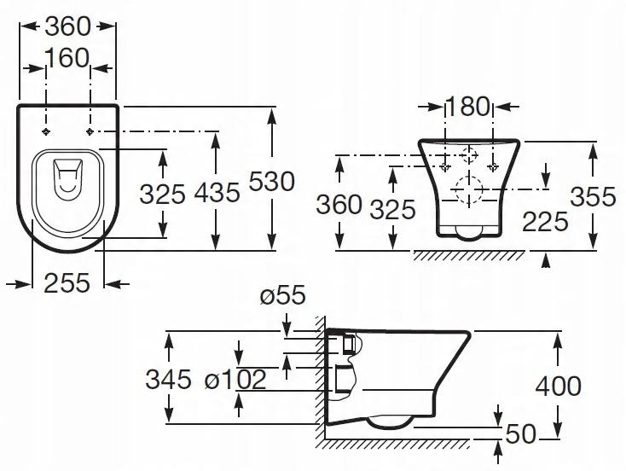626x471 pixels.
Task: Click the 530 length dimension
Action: [272, 182]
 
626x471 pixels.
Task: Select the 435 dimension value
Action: [217, 193]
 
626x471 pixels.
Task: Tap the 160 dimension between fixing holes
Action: [68, 58]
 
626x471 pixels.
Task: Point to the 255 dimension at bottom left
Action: [67, 282]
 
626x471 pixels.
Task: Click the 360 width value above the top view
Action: [67, 26]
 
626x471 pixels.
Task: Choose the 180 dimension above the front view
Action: [468, 107]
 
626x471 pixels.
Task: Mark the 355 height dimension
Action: [593, 196]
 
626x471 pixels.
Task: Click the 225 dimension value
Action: [545, 221]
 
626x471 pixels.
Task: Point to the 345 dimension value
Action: [169, 378]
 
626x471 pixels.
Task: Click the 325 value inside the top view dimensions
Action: [162, 193]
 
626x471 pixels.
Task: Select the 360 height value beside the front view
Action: [339, 205]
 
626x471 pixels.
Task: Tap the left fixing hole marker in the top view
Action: [47, 131]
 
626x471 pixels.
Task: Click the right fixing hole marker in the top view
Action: [90, 131]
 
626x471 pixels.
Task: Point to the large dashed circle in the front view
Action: [467, 188]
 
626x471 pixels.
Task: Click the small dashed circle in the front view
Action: [467, 156]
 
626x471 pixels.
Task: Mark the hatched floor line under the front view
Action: [469, 255]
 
